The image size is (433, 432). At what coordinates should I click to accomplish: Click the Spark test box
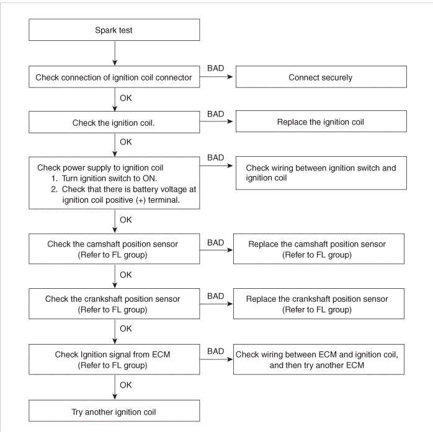coord(114,30)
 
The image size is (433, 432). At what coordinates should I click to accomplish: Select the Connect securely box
coord(321,77)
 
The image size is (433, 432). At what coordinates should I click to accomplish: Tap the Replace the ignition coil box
coord(321,121)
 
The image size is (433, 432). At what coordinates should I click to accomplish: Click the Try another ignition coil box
coord(114,411)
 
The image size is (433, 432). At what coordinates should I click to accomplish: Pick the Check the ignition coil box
coord(114,122)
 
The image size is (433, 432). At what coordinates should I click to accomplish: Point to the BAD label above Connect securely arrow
coord(215,68)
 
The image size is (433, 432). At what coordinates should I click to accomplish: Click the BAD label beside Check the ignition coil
coord(215,114)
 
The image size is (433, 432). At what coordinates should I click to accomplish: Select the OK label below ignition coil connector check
coord(126,98)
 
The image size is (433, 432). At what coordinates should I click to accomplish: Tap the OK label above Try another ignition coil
coord(126,385)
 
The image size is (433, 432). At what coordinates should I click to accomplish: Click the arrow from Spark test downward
coord(115,53)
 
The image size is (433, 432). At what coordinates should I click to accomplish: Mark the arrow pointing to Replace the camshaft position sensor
coord(216,250)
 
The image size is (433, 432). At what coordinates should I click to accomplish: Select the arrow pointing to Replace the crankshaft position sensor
coord(216,304)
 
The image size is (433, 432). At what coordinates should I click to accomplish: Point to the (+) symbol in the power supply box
coord(141,200)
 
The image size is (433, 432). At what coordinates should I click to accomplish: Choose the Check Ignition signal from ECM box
coord(114,359)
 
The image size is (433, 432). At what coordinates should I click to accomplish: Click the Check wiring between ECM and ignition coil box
coord(319,359)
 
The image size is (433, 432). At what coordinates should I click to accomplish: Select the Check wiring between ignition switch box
coord(321,173)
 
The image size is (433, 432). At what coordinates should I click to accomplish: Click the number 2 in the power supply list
coord(54,189)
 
